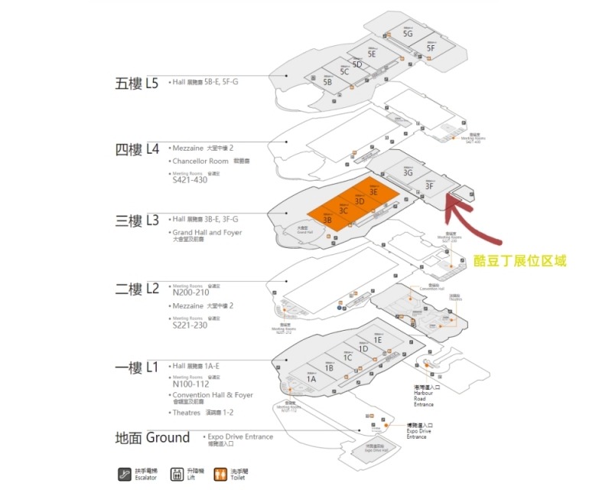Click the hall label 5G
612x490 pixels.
pyautogui.click(x=408, y=34)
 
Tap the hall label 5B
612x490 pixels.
pyautogui.click(x=327, y=81)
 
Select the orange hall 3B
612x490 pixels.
pyautogui.click(x=327, y=220)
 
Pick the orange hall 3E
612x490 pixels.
pyautogui.click(x=373, y=192)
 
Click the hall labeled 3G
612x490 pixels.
pyautogui.click(x=408, y=173)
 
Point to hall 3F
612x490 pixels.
pyautogui.click(x=430, y=185)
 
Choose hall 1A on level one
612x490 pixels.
pyautogui.click(x=311, y=379)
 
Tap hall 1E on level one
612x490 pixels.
pyautogui.click(x=378, y=339)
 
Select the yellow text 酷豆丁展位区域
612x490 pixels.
pyautogui.click(x=520, y=261)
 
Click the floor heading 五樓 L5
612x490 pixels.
pyautogui.click(x=137, y=83)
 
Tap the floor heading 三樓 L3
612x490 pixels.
pyautogui.click(x=137, y=220)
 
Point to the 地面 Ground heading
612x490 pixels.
pyautogui.click(x=152, y=438)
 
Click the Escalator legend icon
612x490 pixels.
pyautogui.click(x=123, y=474)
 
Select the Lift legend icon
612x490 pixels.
pyautogui.click(x=176, y=474)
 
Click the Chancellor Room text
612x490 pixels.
pyautogui.click(x=200, y=162)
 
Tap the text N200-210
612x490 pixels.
pyautogui.click(x=193, y=292)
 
